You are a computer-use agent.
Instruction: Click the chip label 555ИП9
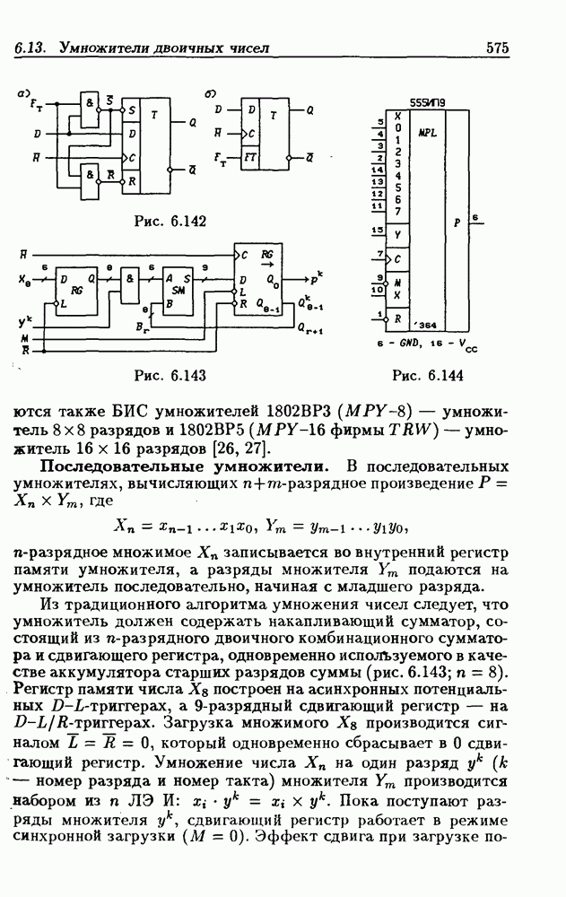coord(426,104)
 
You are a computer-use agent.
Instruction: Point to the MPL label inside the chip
coord(427,131)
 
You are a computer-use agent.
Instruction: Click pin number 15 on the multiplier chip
coord(377,231)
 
